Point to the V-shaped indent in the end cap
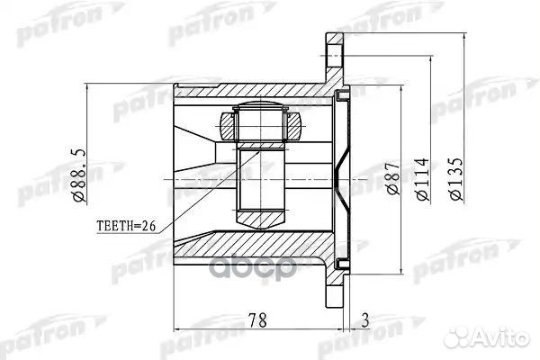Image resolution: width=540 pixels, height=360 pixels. [339, 177]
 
